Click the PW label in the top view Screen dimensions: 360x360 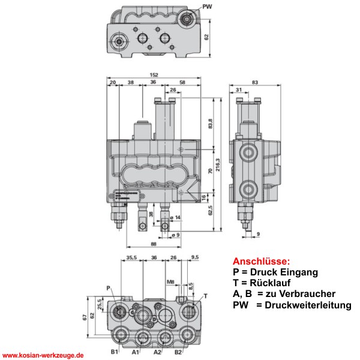pyautogui.click(x=208, y=7)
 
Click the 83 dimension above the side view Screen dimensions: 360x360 pyautogui.click(x=255, y=82)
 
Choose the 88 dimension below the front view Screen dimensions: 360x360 pyautogui.click(x=154, y=244)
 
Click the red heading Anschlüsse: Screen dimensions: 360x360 pyautogui.click(x=260, y=262)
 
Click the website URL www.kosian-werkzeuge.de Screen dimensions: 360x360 pyautogui.click(x=43, y=355)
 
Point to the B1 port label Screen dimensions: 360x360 pyautogui.click(x=114, y=352)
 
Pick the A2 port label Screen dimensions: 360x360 pyautogui.click(x=158, y=352)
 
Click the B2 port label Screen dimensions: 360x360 pyautogui.click(x=178, y=352)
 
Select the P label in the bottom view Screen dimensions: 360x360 pyautogui.click(x=109, y=289)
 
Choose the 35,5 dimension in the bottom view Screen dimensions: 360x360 pyautogui.click(x=133, y=257)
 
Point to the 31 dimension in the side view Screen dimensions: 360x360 pyautogui.click(x=239, y=91)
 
